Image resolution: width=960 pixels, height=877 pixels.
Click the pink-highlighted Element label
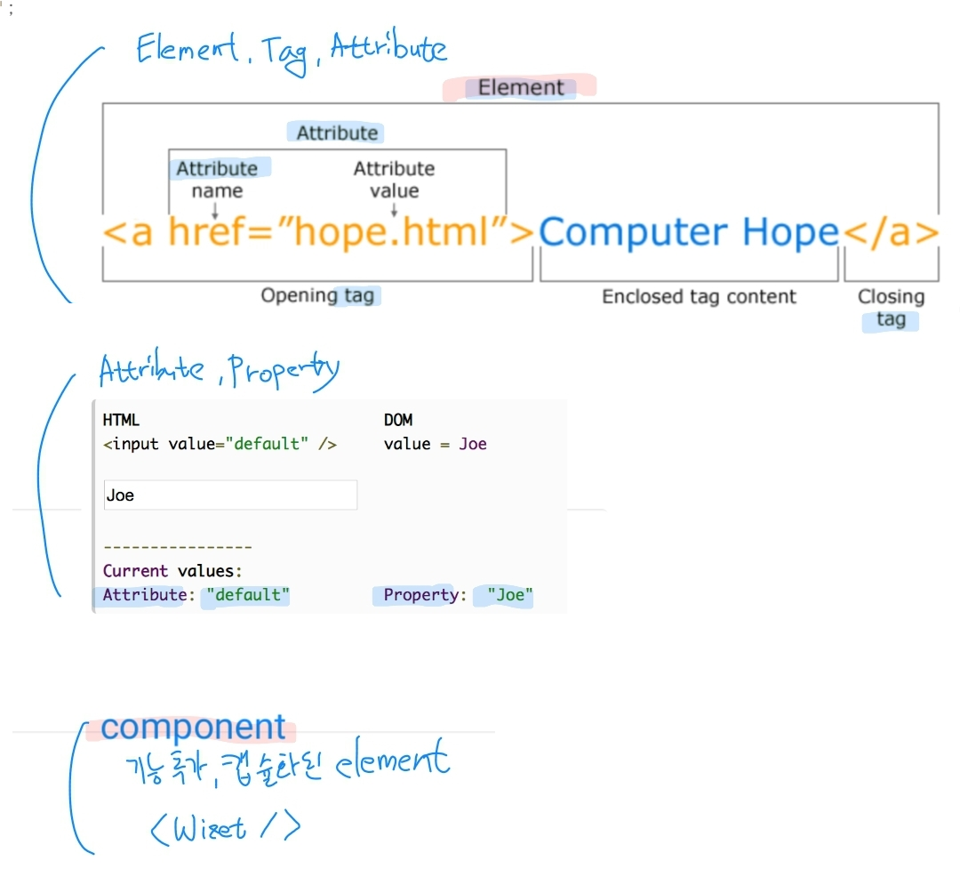point(521,87)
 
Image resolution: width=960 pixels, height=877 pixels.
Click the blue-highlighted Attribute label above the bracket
point(336,133)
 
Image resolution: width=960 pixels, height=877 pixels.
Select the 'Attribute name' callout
point(217,179)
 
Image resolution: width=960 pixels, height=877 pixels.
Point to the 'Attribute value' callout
point(394,179)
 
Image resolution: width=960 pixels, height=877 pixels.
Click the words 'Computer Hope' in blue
point(688,232)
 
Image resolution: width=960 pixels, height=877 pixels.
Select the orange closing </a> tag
point(890,232)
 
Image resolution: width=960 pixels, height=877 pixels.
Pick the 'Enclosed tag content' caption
point(699,296)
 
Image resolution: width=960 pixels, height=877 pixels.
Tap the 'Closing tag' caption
point(891,308)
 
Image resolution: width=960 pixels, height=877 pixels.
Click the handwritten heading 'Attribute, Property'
point(219,371)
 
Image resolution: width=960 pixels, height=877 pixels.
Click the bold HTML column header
point(121,420)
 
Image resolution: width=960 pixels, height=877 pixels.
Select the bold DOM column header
point(398,420)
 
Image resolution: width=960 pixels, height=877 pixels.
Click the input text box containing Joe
point(230,495)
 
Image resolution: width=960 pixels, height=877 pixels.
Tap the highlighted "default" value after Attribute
point(248,595)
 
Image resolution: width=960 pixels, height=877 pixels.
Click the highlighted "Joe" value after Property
point(509,595)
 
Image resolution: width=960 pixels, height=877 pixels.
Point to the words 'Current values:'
point(172,571)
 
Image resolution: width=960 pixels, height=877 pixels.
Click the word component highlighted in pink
point(193,728)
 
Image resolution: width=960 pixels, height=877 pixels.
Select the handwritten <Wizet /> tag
point(227,828)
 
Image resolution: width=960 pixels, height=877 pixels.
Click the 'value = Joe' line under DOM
point(436,444)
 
